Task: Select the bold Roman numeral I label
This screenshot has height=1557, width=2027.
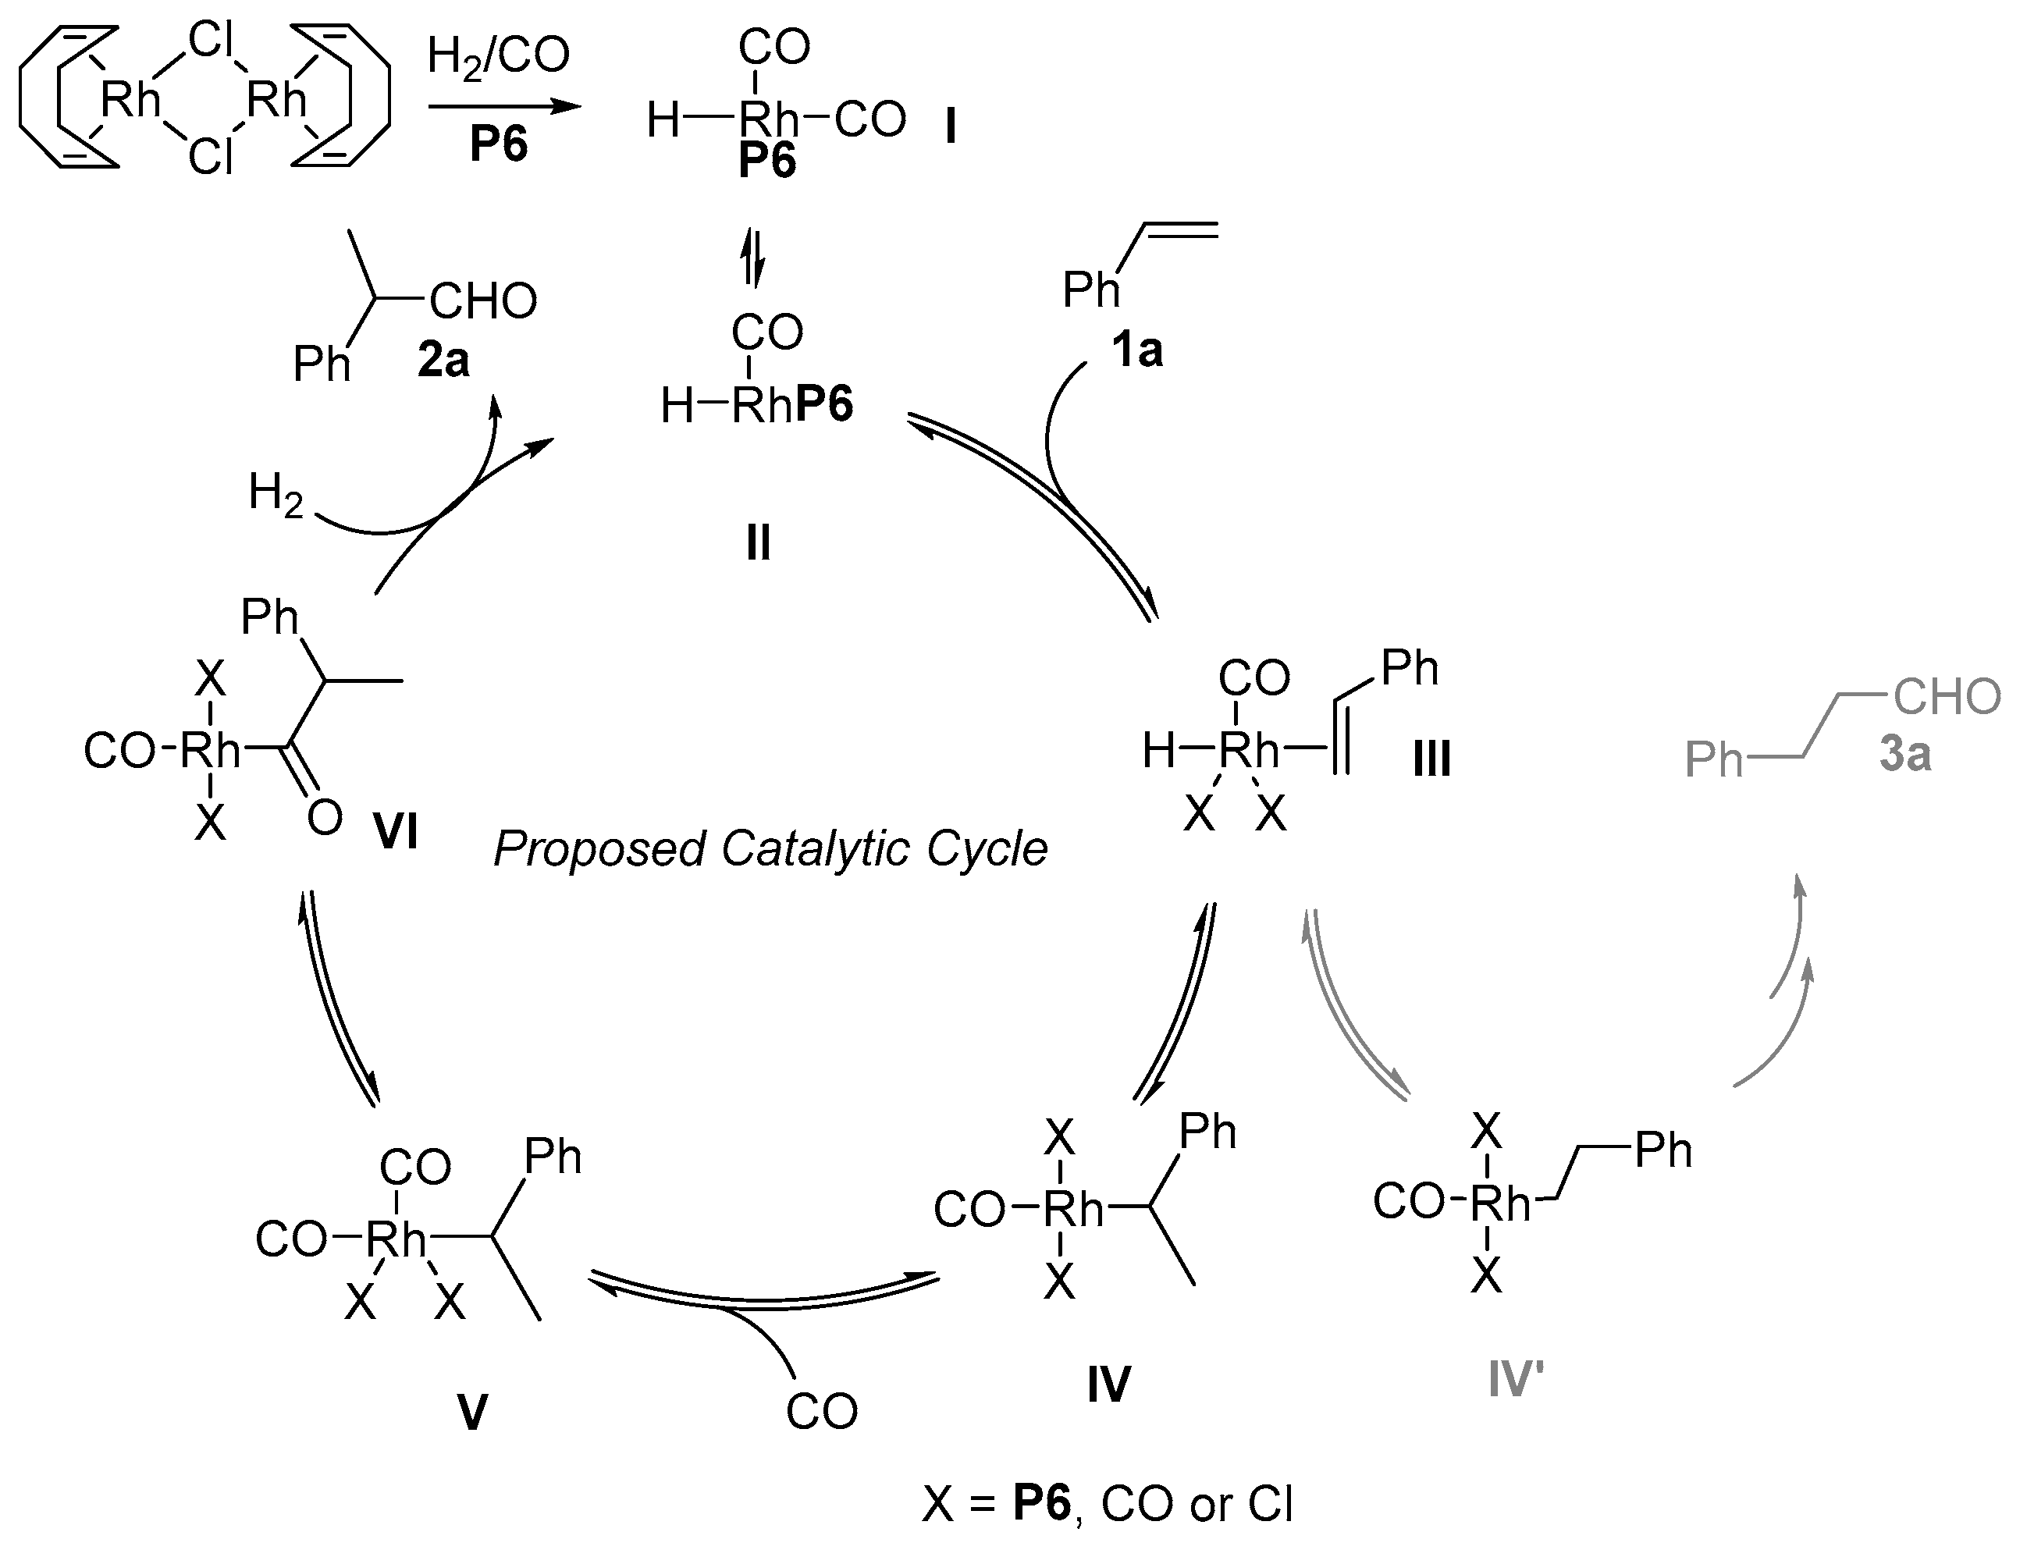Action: point(950,127)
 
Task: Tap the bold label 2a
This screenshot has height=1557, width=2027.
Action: point(443,360)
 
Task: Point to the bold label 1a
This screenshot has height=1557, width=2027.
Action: point(1136,350)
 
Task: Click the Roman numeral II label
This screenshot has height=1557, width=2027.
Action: point(758,543)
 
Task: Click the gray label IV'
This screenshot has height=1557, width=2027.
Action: point(1516,1380)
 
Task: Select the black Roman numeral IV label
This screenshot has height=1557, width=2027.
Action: point(1108,1385)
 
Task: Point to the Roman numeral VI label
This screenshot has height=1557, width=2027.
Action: point(396,831)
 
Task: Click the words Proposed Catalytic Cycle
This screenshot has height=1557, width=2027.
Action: point(770,848)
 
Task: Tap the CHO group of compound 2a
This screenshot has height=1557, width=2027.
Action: point(483,301)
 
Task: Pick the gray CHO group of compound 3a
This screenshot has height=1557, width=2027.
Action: point(1947,697)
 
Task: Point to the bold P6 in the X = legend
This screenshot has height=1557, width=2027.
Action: point(1042,1503)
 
